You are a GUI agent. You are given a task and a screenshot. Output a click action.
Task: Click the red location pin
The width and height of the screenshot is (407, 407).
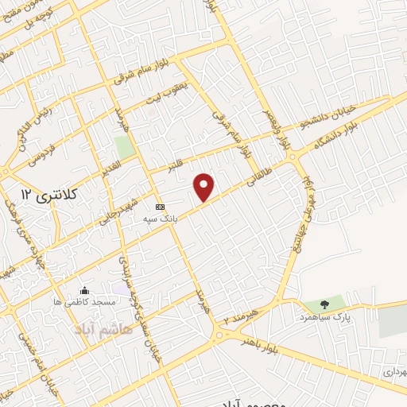205,188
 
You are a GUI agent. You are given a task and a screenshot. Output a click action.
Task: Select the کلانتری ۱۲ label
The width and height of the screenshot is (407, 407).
40,193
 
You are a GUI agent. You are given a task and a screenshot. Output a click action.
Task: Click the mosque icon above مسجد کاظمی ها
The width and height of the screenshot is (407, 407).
85,290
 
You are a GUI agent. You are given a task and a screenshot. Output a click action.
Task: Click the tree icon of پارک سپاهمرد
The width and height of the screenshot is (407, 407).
324,304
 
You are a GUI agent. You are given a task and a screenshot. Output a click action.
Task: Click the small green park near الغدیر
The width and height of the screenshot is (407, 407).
122,147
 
